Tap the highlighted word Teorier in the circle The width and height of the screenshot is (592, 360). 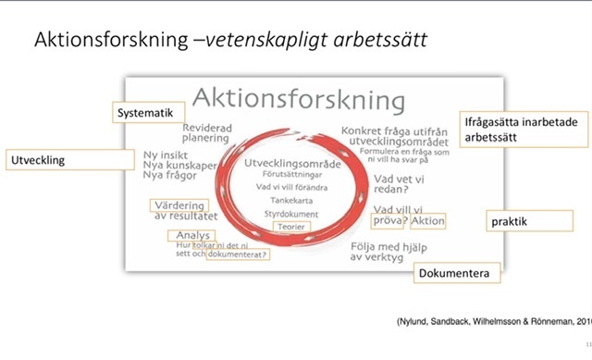(290, 226)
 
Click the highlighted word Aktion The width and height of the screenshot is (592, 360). (428, 221)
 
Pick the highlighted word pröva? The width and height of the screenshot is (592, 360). (388, 221)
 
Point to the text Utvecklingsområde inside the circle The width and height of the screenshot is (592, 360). (292, 163)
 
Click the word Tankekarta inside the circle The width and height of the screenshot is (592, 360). (291, 199)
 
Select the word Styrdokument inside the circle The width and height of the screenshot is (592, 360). (291, 214)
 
